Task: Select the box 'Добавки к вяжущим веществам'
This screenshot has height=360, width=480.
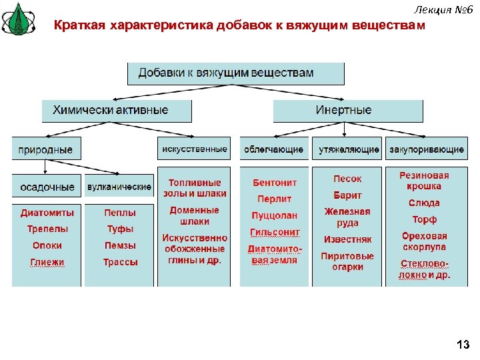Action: pyautogui.click(x=235, y=73)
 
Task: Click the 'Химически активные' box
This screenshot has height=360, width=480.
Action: pyautogui.click(x=117, y=111)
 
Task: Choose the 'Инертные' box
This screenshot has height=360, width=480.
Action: pyautogui.click(x=348, y=111)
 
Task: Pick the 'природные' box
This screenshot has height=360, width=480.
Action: pyautogui.click(x=46, y=149)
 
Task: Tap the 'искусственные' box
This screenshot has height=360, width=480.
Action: pyautogui.click(x=194, y=149)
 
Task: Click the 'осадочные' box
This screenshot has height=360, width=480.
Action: pyautogui.click(x=47, y=187)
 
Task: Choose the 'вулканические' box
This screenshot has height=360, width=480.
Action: pyautogui.click(x=119, y=187)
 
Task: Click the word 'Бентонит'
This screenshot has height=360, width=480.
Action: pyautogui.click(x=275, y=183)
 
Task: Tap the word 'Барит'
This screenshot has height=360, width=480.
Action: pyautogui.click(x=347, y=195)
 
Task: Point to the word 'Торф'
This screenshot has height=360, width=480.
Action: pyautogui.click(x=424, y=219)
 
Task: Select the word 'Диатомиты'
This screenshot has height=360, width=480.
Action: pyautogui.click(x=47, y=213)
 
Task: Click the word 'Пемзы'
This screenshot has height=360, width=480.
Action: pyautogui.click(x=120, y=245)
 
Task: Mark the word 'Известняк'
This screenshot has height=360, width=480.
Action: pyautogui.click(x=347, y=239)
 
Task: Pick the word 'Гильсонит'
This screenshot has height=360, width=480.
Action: pyautogui.click(x=275, y=232)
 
